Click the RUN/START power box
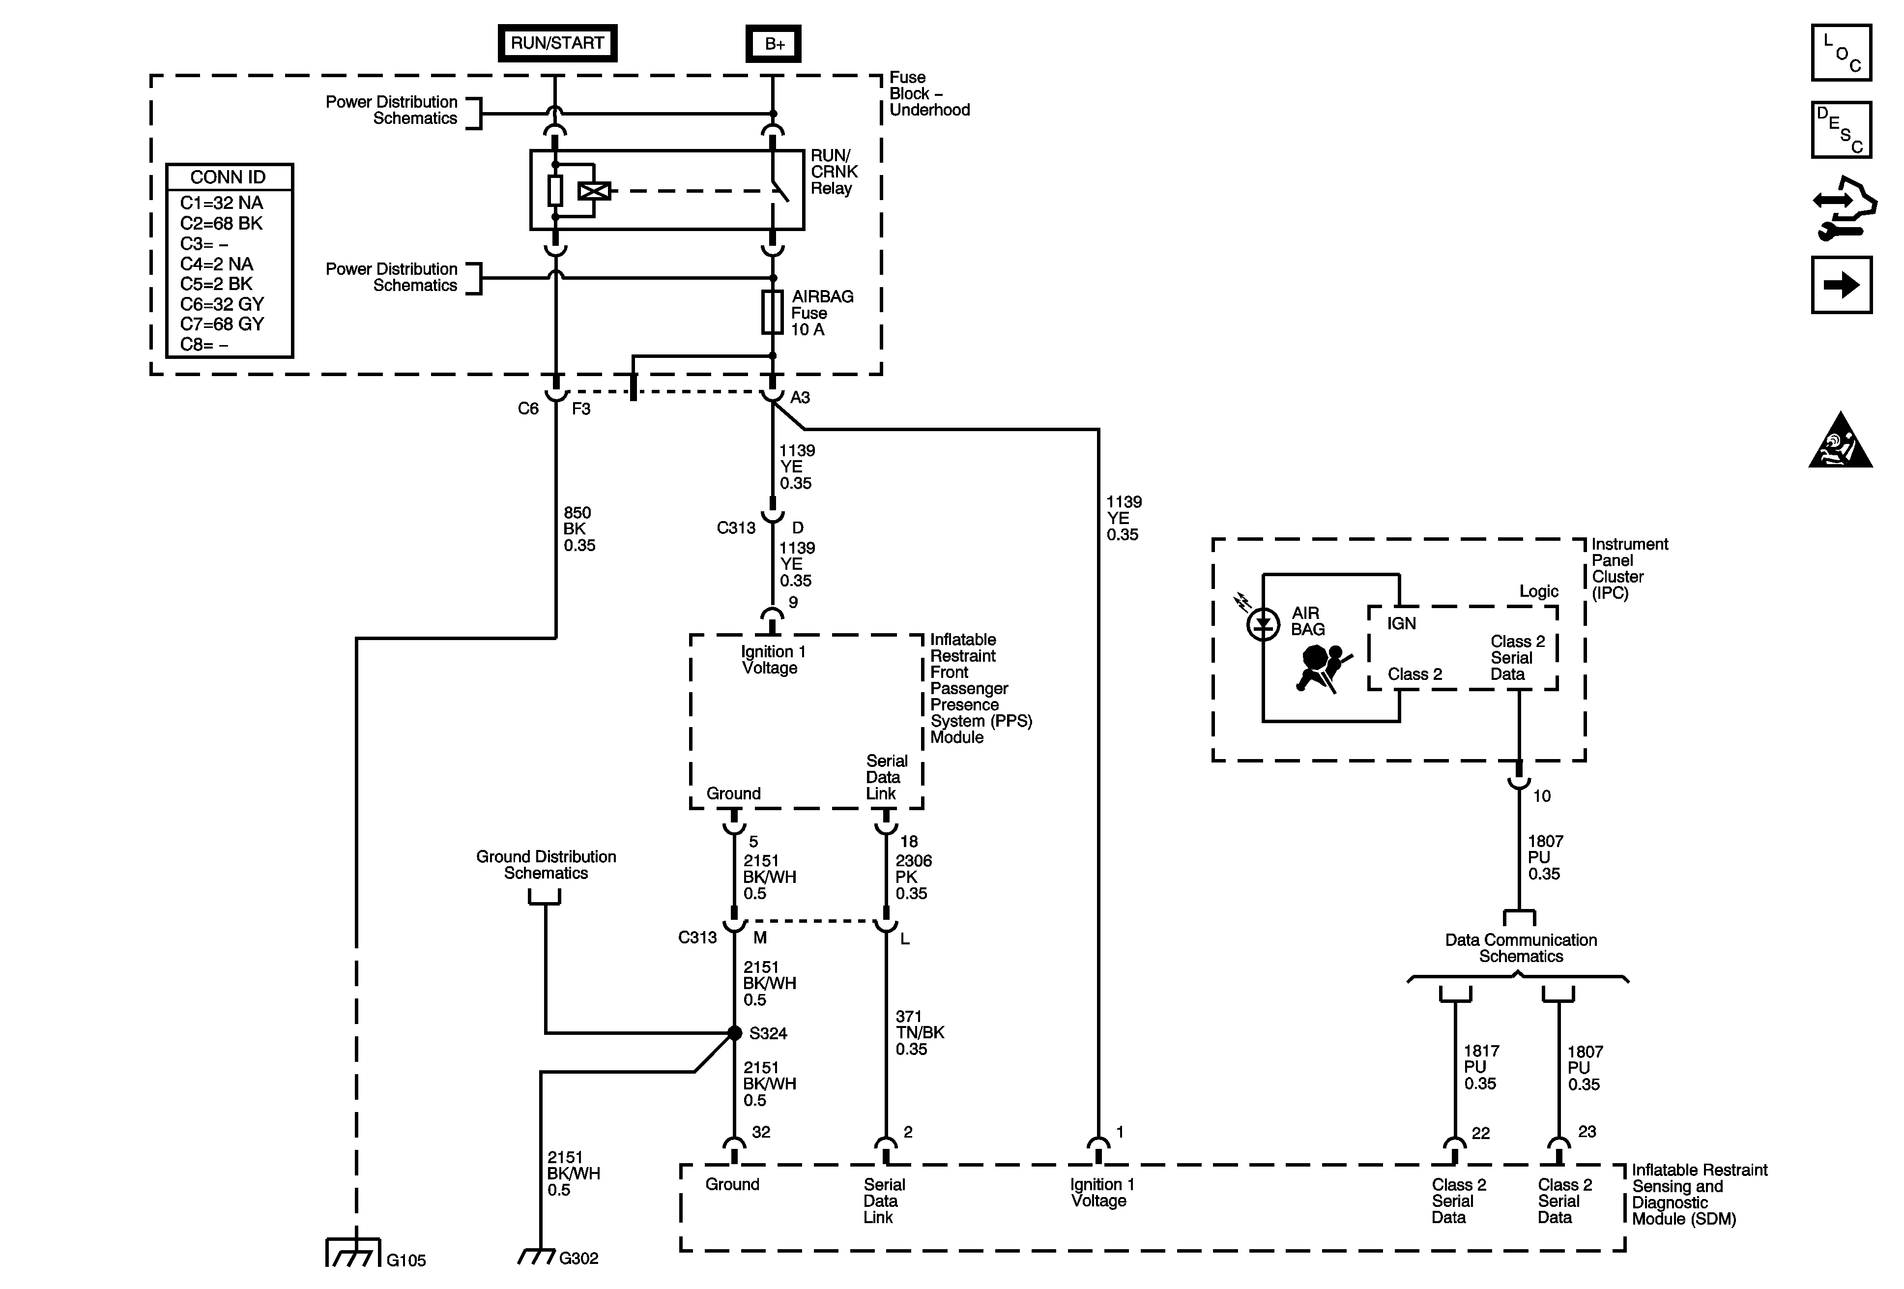[557, 43]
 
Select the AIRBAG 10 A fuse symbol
[772, 312]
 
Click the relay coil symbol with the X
[594, 191]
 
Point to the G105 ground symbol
[354, 1253]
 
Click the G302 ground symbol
[538, 1256]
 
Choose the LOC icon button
[1841, 53]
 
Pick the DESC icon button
[1841, 129]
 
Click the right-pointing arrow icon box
[1841, 285]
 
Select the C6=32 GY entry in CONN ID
[222, 304]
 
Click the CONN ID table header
[229, 177]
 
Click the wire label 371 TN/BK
[919, 1032]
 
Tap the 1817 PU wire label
[1481, 1067]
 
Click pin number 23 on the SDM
[1587, 1132]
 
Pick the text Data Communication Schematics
[1521, 948]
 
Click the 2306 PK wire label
[913, 877]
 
